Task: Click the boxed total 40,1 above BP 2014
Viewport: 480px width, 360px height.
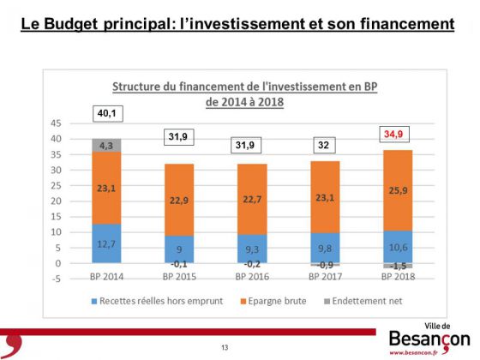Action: point(108,113)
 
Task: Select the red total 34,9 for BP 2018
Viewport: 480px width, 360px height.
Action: point(394,134)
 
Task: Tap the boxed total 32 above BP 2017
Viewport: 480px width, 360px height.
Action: point(324,145)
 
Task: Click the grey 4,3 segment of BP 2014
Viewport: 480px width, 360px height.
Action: point(106,145)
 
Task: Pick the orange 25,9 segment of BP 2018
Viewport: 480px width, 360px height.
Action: point(398,190)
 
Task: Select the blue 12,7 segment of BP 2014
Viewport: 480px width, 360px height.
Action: point(106,243)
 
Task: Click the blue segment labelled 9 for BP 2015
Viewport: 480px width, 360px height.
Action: point(179,249)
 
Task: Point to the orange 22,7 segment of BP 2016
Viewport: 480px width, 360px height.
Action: point(252,199)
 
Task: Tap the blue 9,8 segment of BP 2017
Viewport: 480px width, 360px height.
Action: point(325,248)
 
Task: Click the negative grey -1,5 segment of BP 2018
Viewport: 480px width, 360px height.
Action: point(398,266)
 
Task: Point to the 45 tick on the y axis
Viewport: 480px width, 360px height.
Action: point(56,123)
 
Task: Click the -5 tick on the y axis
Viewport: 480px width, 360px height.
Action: point(56,279)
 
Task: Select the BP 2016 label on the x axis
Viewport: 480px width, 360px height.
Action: point(252,277)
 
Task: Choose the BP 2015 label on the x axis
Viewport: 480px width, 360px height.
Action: point(179,277)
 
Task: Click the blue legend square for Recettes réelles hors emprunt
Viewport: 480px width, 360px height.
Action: point(94,301)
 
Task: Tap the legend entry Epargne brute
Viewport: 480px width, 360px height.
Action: point(273,301)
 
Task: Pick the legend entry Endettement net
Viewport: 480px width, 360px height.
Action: point(363,301)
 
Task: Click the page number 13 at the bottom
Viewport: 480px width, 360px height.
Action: point(225,347)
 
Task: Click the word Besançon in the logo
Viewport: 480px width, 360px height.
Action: point(429,339)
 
